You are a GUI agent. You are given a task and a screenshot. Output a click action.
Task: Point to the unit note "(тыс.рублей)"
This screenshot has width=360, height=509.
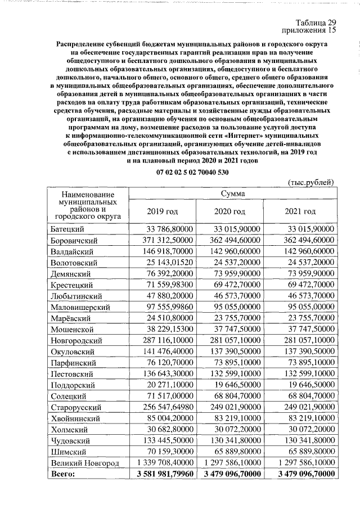coord(311,182)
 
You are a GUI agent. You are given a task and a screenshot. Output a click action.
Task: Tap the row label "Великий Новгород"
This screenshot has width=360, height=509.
coord(84,463)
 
